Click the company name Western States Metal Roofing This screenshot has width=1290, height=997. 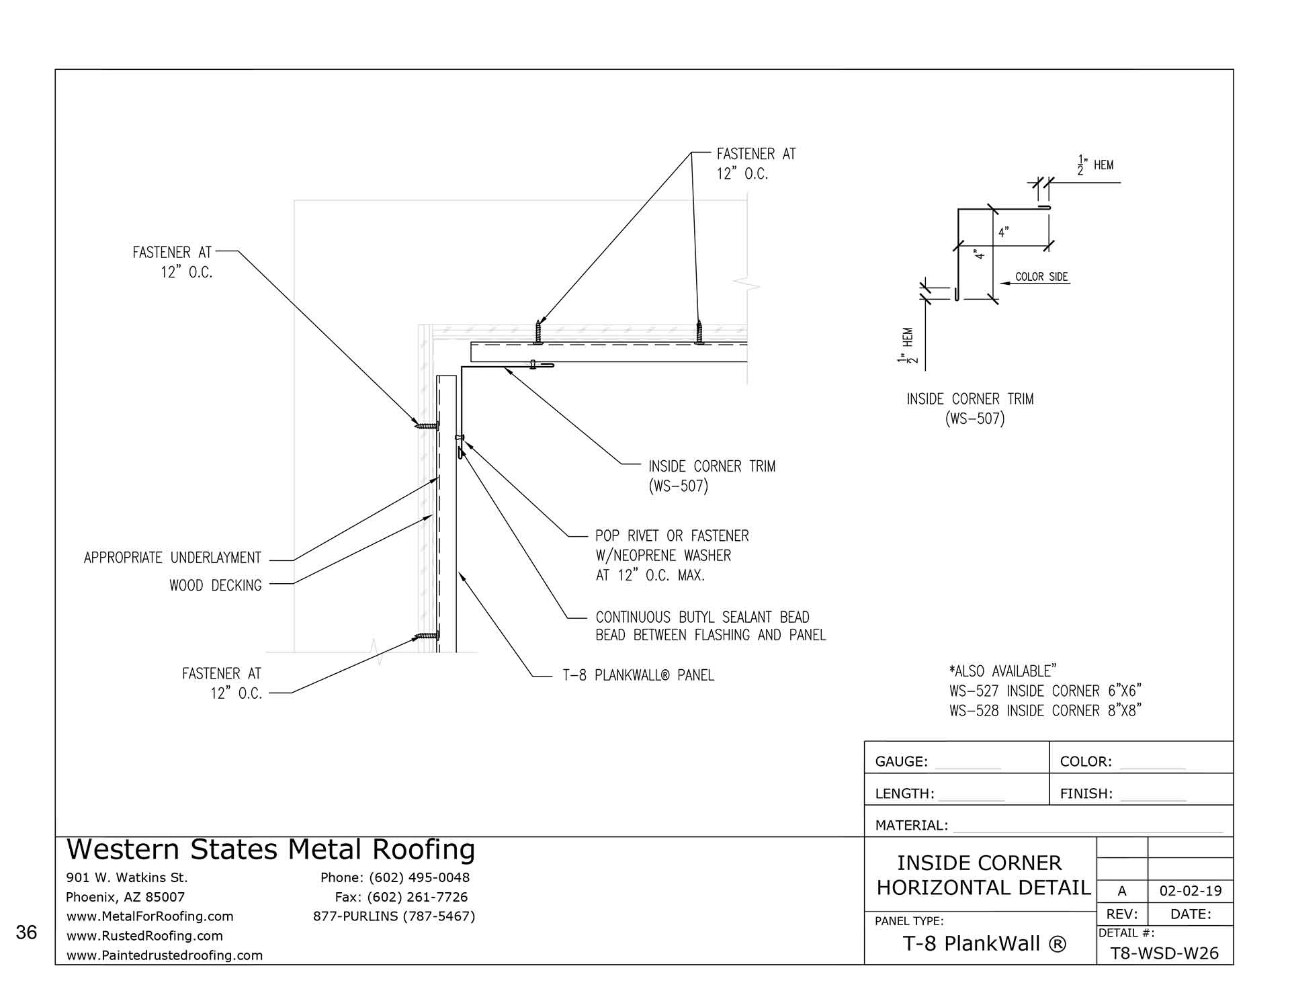271,850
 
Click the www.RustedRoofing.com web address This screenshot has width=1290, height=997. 144,936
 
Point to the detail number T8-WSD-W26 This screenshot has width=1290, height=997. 1164,953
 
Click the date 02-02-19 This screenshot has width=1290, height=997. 1191,892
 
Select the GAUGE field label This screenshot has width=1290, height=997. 901,762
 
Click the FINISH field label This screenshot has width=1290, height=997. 1086,794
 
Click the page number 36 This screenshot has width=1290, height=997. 26,933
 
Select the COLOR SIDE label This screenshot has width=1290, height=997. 1041,277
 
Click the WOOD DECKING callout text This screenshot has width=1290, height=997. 216,586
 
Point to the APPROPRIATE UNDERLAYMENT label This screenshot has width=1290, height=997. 172,558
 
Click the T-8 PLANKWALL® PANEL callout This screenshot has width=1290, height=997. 638,675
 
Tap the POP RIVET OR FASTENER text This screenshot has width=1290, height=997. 672,536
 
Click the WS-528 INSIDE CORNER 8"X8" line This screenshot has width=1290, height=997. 1045,711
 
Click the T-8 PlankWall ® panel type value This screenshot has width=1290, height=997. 984,944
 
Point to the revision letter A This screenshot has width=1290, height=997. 1121,892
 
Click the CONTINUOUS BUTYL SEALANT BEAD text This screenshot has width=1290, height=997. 702,617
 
